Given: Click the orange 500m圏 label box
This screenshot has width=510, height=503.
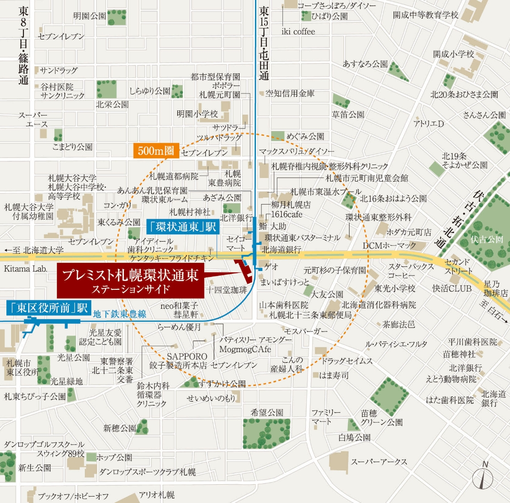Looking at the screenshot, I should point(156,151).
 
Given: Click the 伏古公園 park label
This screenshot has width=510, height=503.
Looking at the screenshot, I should point(487,239).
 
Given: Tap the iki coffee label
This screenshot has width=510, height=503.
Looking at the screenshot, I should point(298,32).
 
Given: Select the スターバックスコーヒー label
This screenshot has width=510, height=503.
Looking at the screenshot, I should point(411,271).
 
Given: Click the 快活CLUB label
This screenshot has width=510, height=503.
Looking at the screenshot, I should point(452,288).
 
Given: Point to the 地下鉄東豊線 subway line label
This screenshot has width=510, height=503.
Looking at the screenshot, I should point(120,314).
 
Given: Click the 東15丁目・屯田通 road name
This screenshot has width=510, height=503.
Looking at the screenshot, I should point(264,44).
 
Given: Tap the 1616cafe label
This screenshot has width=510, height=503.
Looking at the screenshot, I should point(287,214).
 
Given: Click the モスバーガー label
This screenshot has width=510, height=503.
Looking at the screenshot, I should point(306,332).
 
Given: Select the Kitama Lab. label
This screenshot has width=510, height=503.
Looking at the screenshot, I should point(26,269).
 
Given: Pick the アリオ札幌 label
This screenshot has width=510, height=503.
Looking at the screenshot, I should point(157,495).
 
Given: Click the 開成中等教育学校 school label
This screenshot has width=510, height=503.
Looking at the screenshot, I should point(426,15).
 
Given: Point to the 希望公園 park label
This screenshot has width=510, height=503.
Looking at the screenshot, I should point(267,412).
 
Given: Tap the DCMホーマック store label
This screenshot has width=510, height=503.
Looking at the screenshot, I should point(389,246).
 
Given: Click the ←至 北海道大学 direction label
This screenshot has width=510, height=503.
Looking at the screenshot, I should point(34,250).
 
